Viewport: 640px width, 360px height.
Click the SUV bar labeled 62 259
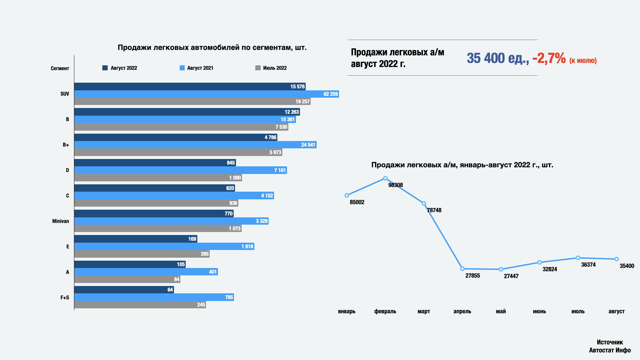tap(207, 94)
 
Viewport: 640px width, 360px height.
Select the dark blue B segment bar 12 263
tap(187, 112)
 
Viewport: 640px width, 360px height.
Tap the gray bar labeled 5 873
tap(178, 152)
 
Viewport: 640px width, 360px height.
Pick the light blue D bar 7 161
tap(180, 170)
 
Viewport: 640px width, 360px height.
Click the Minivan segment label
tap(60, 221)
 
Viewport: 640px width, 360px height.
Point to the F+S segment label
tap(65, 297)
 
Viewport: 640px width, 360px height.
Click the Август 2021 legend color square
tap(182, 68)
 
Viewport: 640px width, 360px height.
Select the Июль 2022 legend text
tap(275, 68)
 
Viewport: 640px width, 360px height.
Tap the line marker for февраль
tap(385, 178)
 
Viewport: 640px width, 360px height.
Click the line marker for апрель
tap(462, 269)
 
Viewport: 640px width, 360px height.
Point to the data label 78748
tap(434, 210)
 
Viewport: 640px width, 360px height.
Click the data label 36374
tap(588, 265)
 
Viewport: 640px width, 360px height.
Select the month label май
tap(501, 311)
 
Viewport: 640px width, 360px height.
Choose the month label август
tap(616, 311)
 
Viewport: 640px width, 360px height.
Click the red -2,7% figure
tap(549, 58)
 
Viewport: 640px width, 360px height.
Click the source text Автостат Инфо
tap(610, 350)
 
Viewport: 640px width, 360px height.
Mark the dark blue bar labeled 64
tap(124, 290)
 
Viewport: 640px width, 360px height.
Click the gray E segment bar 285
tap(142, 254)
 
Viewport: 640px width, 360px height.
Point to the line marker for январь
tap(347, 195)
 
